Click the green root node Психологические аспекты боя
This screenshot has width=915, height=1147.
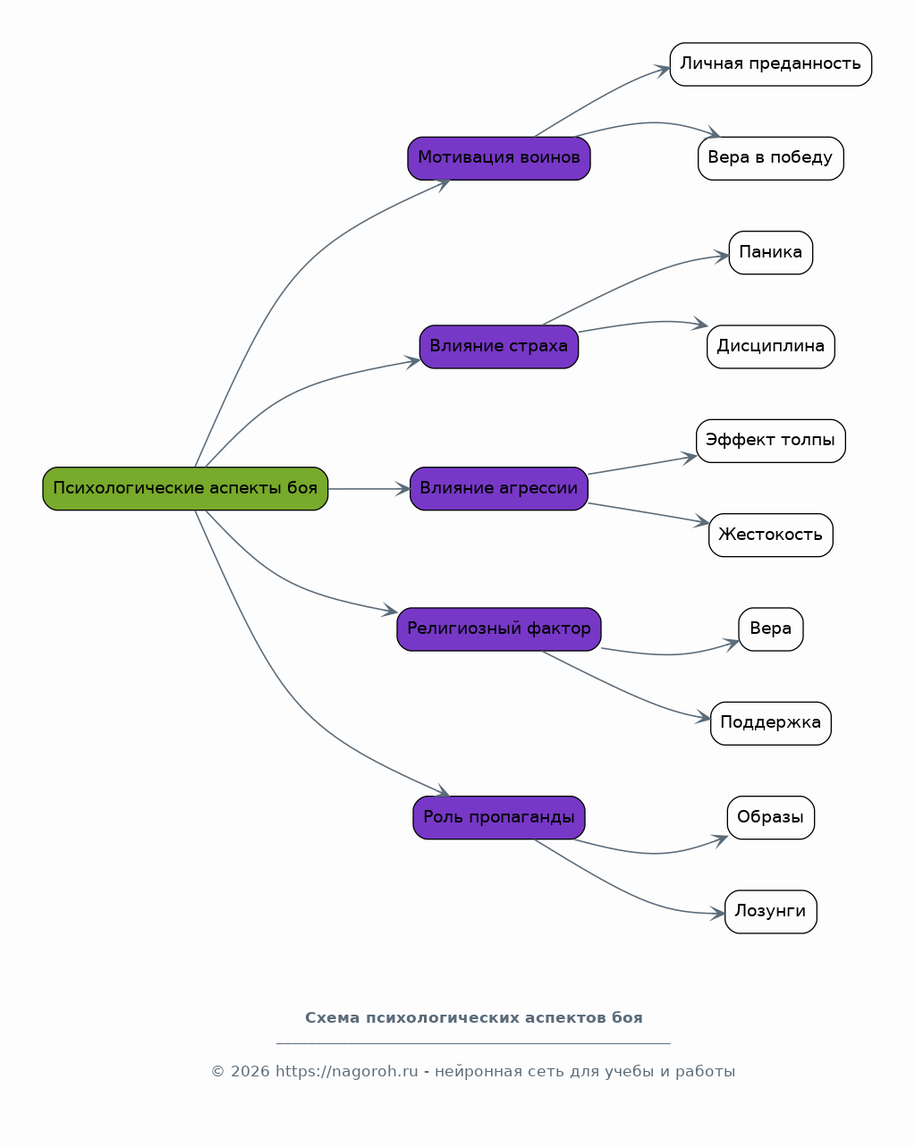[185, 488]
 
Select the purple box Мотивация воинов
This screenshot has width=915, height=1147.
[498, 158]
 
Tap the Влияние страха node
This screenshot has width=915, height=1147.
[498, 347]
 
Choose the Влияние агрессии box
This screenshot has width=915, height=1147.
[498, 488]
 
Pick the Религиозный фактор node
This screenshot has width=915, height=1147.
[498, 629]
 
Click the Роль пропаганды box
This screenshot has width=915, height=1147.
[498, 818]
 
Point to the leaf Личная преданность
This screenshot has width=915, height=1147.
[770, 64]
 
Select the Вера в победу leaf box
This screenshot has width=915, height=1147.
[770, 158]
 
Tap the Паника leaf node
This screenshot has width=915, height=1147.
[770, 253]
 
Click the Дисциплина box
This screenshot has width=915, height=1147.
[770, 347]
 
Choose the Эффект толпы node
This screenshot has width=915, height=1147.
[770, 441]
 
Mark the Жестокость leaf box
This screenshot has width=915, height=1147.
[770, 536]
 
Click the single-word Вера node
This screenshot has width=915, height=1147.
[770, 629]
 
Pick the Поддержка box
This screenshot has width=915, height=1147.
[770, 723]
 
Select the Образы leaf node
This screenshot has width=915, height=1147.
[770, 818]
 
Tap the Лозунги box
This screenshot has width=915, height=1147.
[770, 912]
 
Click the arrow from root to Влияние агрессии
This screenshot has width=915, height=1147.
[369, 489]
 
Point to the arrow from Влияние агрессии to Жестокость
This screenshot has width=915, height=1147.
[648, 513]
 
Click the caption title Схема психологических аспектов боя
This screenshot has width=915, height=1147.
[473, 1018]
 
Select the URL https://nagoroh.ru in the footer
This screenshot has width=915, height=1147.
[347, 1071]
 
